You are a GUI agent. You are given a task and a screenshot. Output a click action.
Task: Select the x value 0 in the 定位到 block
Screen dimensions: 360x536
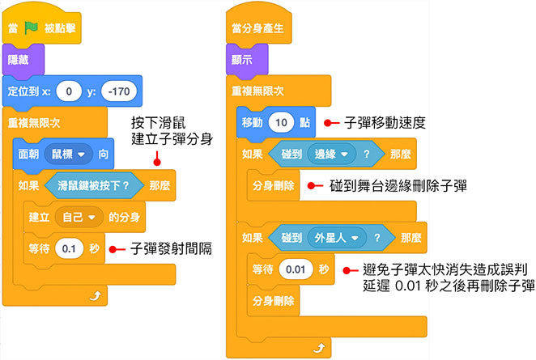pyautogui.click(x=70, y=91)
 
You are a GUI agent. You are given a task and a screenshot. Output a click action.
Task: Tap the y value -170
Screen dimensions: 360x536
pyautogui.click(x=118, y=91)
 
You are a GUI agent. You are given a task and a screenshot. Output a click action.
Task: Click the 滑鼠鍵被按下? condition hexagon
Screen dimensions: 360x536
pyautogui.click(x=93, y=185)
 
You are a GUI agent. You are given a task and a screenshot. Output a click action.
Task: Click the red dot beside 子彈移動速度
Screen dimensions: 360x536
pyautogui.click(x=329, y=123)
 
